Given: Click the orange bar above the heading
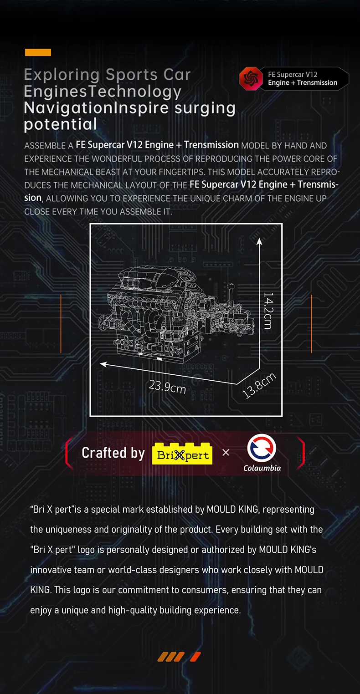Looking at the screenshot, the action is click(38, 52).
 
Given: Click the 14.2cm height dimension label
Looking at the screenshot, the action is click(267, 311).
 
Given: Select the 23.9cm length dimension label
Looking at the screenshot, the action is click(167, 387).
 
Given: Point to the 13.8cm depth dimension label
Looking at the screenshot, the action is click(259, 385).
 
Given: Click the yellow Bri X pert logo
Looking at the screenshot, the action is click(182, 453).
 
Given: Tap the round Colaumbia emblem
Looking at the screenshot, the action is click(262, 447).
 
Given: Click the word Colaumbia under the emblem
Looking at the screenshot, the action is click(262, 468).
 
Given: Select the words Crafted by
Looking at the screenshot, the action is click(113, 453).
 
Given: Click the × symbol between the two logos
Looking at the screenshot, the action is click(226, 453).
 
